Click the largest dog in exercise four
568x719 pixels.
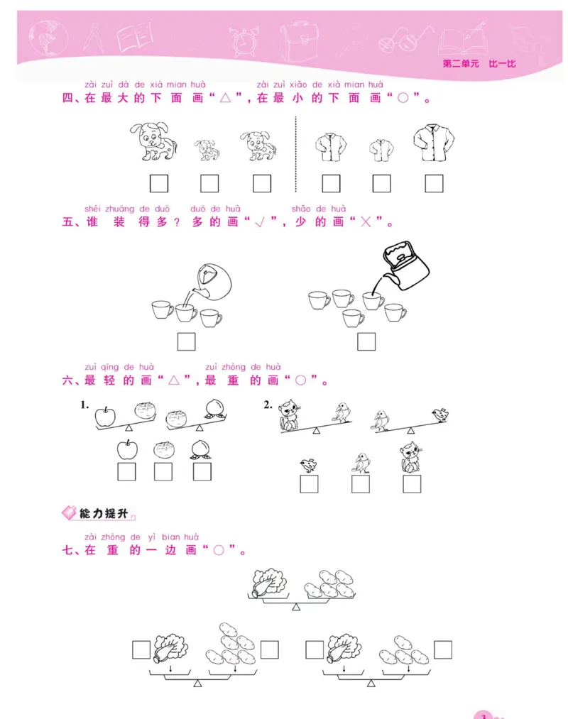pyautogui.click(x=153, y=141)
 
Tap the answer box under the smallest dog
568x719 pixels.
pyautogui.click(x=209, y=184)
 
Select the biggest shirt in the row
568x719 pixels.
pyautogui.click(x=433, y=144)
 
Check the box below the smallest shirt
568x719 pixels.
pyautogui.click(x=382, y=184)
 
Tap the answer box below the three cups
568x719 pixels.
pyautogui.click(x=187, y=342)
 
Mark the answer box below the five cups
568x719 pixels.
pyautogui.click(x=366, y=342)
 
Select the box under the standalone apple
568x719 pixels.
pyautogui.click(x=127, y=471)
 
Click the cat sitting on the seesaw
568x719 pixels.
pyautogui.click(x=290, y=416)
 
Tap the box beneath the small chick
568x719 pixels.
pyautogui.click(x=309, y=484)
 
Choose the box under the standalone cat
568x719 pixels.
pyautogui.click(x=412, y=484)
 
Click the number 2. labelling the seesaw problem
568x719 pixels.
pyautogui.click(x=268, y=405)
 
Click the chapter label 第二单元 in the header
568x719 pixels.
pyautogui.click(x=459, y=63)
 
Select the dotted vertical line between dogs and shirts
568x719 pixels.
pyautogui.click(x=294, y=153)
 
